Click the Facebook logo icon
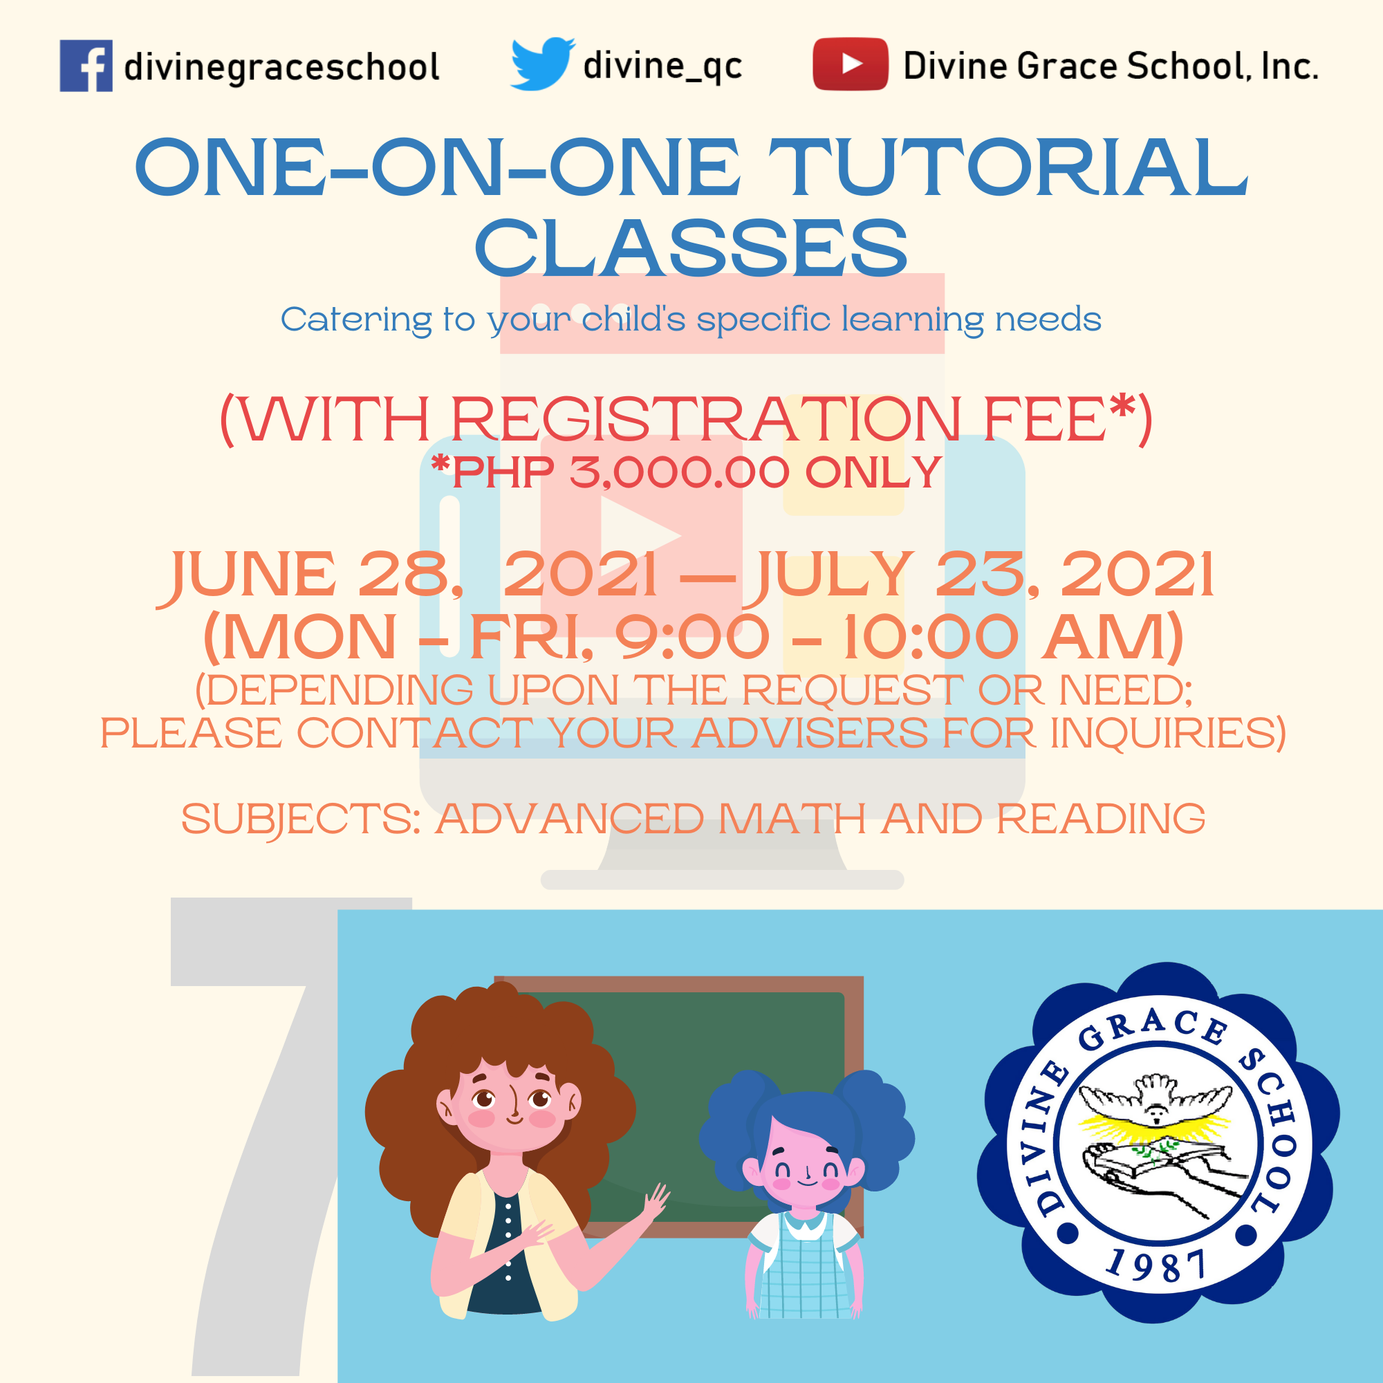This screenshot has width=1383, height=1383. click(86, 66)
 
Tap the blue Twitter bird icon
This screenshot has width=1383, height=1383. click(542, 64)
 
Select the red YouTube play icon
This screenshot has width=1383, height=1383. click(851, 64)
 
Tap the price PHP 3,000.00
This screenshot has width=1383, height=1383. click(621, 472)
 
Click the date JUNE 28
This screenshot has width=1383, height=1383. click(310, 575)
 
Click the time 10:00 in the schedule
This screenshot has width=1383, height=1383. click(930, 636)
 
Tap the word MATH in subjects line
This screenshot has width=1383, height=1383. click(792, 818)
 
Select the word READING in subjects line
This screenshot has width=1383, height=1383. click(1101, 818)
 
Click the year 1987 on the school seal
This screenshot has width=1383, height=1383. click(1156, 1265)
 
